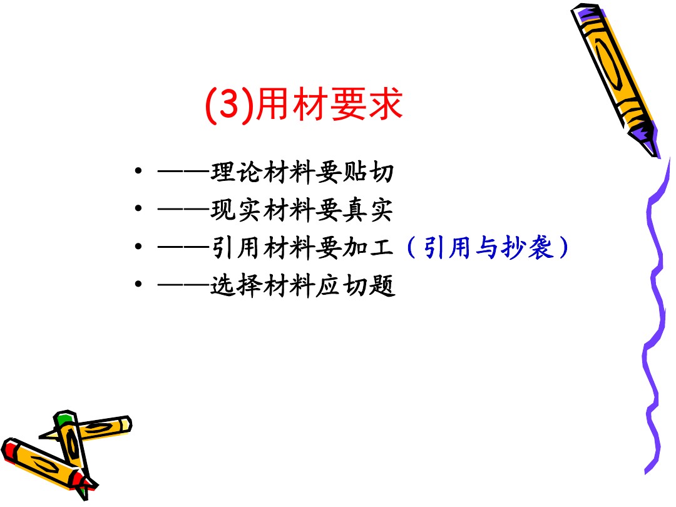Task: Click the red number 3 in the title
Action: click(x=230, y=104)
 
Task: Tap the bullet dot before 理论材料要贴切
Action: click(x=138, y=171)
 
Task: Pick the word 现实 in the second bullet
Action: click(x=236, y=210)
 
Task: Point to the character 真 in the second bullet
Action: click(x=355, y=210)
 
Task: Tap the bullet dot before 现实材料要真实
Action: click(x=138, y=208)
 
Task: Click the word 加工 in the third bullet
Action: click(x=368, y=248)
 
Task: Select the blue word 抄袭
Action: click(x=527, y=248)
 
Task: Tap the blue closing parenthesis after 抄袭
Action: click(x=563, y=248)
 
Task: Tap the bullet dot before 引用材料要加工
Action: click(x=138, y=246)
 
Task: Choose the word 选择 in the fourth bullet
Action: click(x=236, y=285)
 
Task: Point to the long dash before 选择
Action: click(x=184, y=285)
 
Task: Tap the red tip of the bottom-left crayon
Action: click(x=9, y=449)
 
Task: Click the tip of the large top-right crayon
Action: click(x=655, y=154)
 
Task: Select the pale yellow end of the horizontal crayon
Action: click(x=126, y=424)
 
